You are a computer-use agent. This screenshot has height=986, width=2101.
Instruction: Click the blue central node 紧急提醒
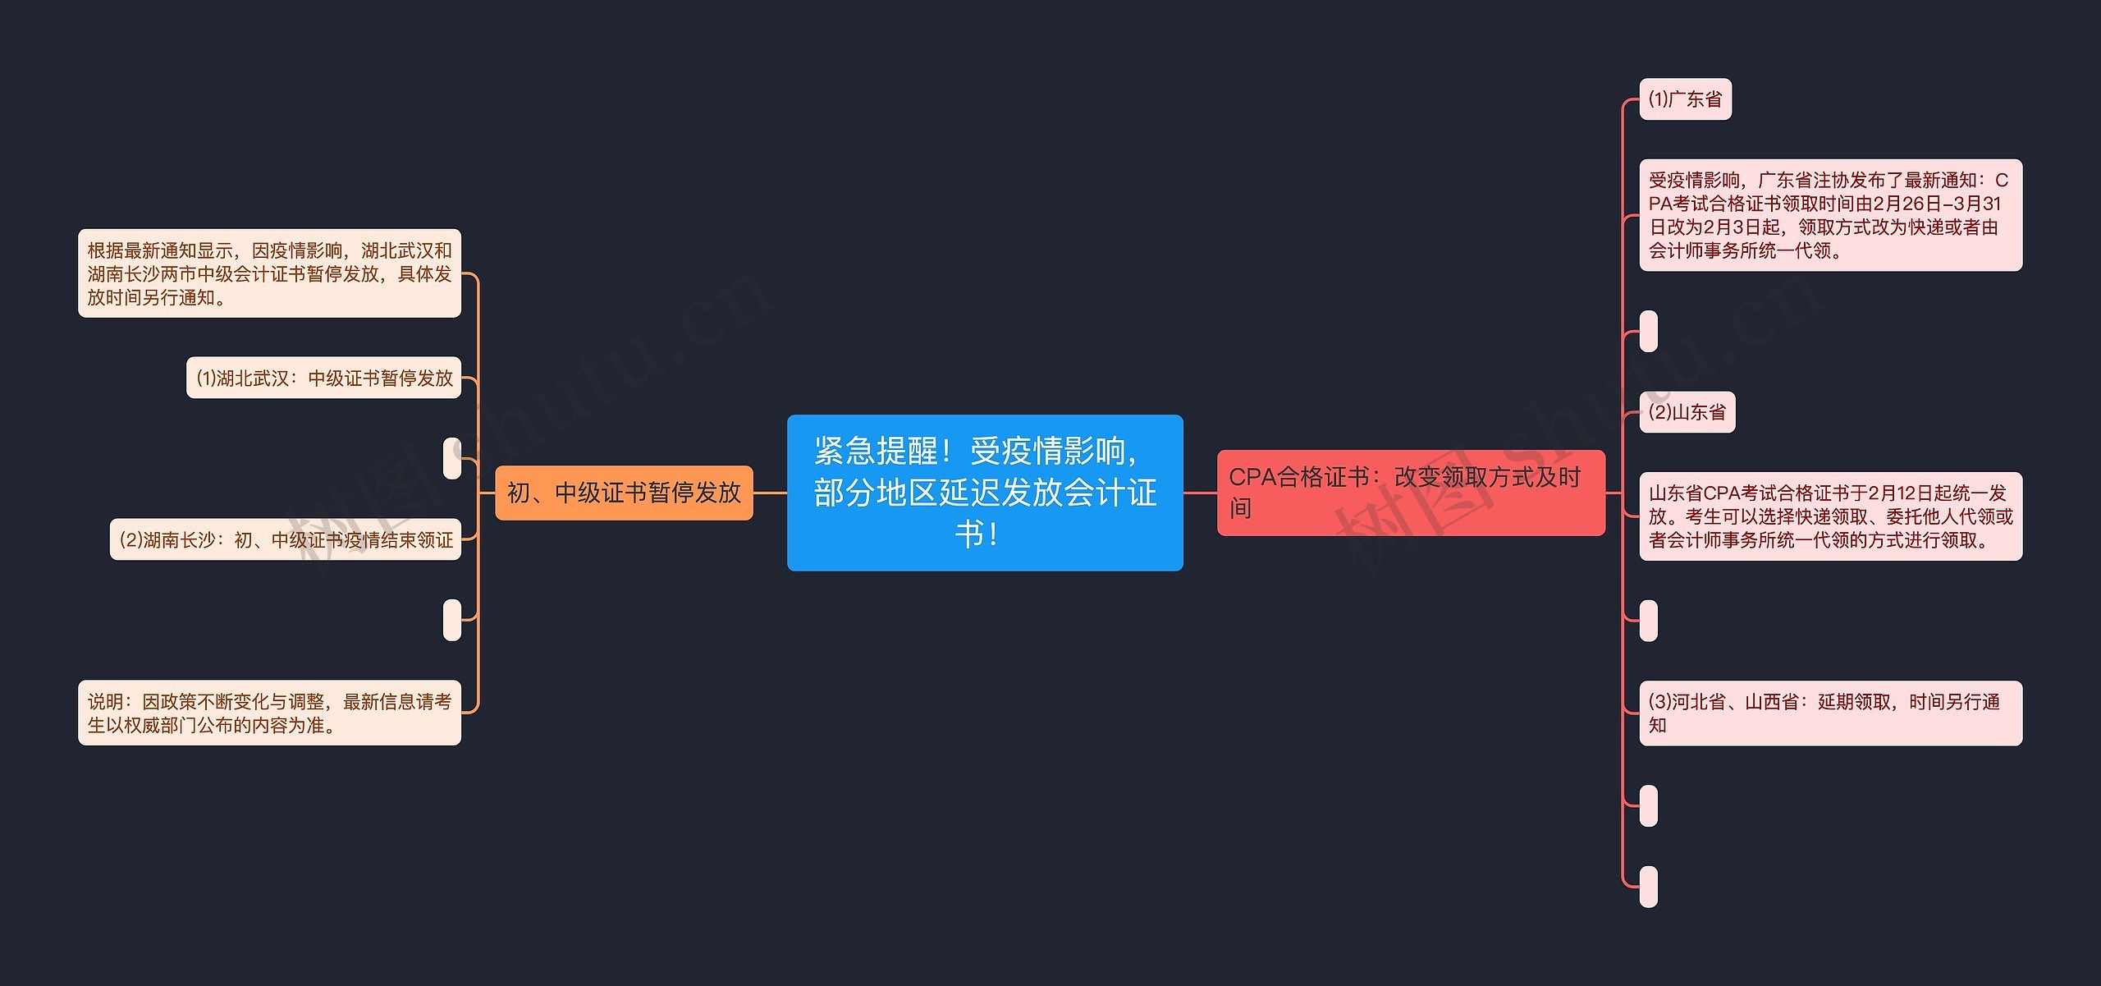pyautogui.click(x=984, y=493)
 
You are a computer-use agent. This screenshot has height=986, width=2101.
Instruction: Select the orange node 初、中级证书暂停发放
pyautogui.click(x=624, y=493)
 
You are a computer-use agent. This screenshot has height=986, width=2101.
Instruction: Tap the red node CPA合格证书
pyautogui.click(x=1410, y=493)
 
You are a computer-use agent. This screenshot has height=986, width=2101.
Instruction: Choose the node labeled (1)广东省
pyautogui.click(x=1685, y=99)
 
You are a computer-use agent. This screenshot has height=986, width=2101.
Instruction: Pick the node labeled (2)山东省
pyautogui.click(x=1687, y=412)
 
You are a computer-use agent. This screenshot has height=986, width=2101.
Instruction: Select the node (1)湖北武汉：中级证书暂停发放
pyautogui.click(x=323, y=378)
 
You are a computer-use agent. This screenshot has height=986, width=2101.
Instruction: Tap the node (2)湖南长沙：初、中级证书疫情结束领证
pyautogui.click(x=286, y=539)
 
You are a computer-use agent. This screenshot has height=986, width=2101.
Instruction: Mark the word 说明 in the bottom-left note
pyautogui.click(x=106, y=702)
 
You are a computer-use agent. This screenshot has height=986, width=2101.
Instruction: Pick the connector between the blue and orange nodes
pyautogui.click(x=770, y=493)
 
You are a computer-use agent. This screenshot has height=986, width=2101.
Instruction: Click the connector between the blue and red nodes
pyautogui.click(x=1200, y=493)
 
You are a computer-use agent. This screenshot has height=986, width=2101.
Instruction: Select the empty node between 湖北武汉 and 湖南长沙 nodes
pyautogui.click(x=452, y=458)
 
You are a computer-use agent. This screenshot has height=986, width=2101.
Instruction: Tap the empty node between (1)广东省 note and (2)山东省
pyautogui.click(x=1648, y=331)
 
